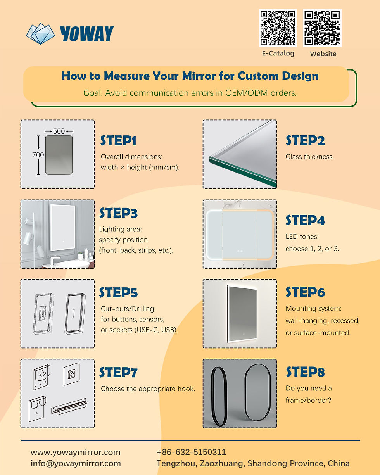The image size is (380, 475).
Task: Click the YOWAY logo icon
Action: (41, 34)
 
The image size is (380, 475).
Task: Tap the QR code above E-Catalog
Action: (278, 28)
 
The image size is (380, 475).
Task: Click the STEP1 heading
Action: (118, 141)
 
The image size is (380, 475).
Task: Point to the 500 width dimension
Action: (59, 131)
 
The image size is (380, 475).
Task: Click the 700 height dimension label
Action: (38, 155)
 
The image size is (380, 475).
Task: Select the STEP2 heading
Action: (305, 141)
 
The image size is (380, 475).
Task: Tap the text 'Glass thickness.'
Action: (309, 157)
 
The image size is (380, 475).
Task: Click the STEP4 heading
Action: (305, 221)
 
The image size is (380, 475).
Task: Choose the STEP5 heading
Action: (118, 293)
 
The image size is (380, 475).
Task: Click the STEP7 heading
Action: (118, 373)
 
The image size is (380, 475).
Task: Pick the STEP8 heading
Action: (305, 372)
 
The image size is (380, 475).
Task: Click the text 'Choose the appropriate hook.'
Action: (148, 389)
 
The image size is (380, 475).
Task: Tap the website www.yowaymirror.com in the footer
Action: (76, 452)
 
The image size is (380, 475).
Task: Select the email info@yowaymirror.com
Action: (76, 463)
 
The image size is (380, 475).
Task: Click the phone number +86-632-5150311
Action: (191, 452)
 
